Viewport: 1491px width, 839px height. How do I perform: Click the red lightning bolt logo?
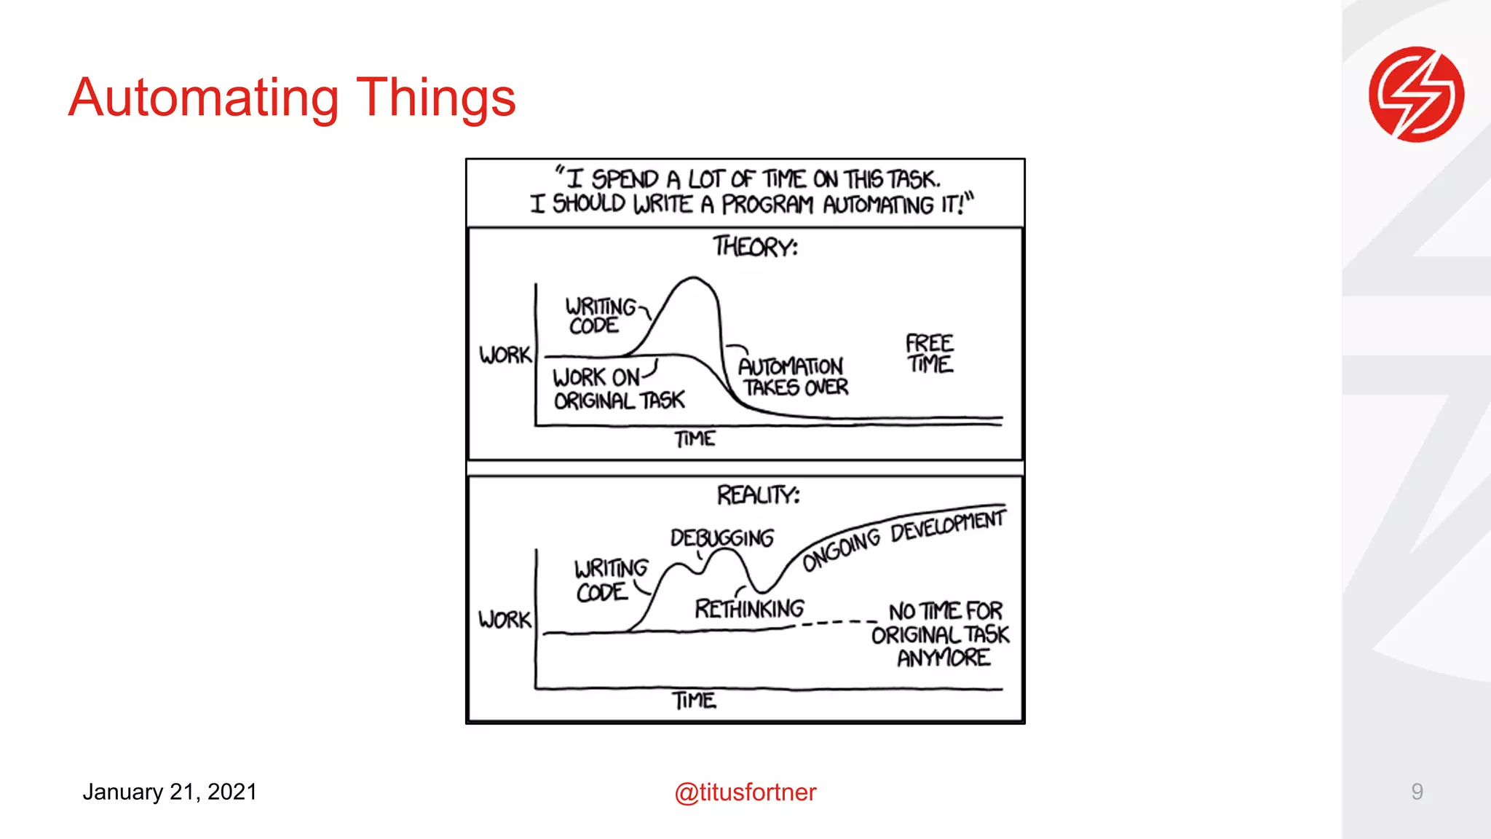pos(1416,94)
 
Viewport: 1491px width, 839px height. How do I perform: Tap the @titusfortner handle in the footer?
pos(745,792)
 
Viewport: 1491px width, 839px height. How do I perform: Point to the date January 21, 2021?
pos(170,792)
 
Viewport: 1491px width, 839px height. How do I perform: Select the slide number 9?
pos(1417,791)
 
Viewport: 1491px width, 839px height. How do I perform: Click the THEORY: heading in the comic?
pos(755,247)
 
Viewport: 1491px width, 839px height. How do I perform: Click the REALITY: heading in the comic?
pos(758,495)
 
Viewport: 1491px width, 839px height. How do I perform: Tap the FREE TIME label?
pos(930,353)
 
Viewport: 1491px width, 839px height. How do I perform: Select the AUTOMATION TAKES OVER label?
pos(793,377)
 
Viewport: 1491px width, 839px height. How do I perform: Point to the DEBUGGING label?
pos(721,537)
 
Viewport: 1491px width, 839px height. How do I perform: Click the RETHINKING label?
pos(749,608)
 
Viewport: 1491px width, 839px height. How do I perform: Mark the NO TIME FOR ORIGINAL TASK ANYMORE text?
pos(941,634)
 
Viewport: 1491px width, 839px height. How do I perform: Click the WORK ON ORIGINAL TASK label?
pos(618,389)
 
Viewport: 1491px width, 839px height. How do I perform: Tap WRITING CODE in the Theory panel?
pos(600,315)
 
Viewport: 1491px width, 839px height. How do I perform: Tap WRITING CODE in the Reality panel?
pos(609,580)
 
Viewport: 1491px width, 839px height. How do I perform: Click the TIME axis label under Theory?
pos(695,439)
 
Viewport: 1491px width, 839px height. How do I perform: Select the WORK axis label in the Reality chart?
pos(505,620)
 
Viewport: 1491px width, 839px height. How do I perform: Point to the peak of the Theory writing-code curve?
pos(692,277)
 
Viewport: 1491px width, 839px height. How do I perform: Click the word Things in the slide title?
pos(435,98)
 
